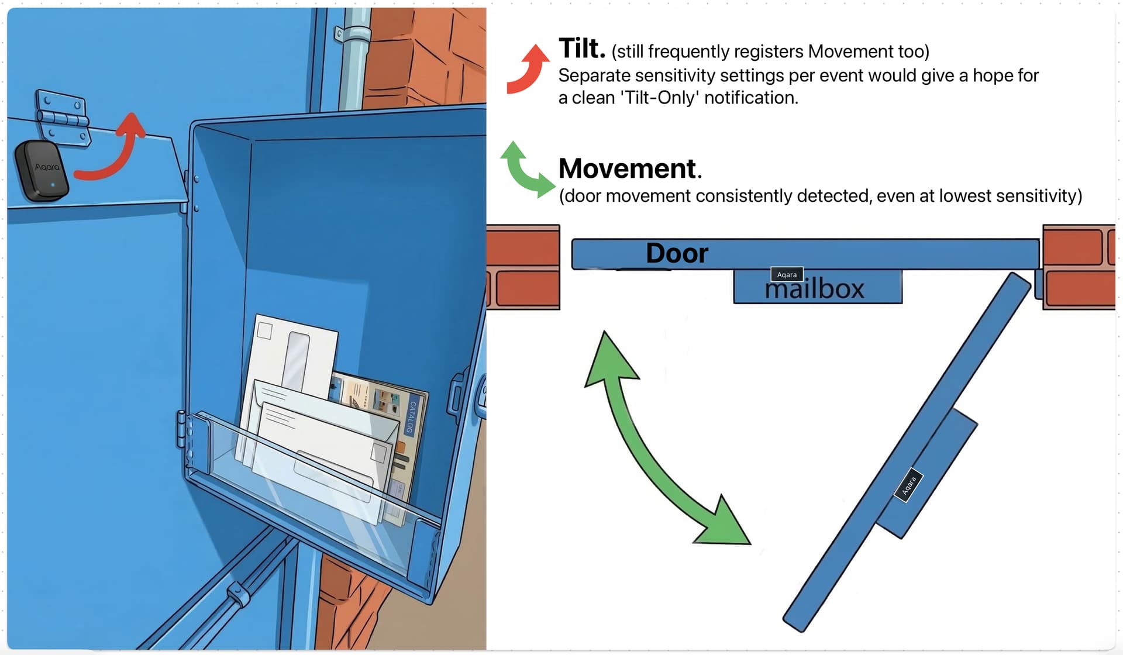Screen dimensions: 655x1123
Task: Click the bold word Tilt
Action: coord(581,49)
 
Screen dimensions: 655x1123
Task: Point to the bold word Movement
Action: coord(628,169)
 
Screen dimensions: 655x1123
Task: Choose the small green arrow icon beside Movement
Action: coord(526,170)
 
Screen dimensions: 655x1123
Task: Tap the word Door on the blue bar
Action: coord(677,253)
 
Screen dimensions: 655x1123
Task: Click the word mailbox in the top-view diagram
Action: coord(814,289)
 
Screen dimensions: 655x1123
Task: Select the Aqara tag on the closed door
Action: coord(787,274)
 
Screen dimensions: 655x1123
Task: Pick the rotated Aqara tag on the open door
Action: coord(908,485)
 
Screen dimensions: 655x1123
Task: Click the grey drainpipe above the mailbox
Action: coord(352,64)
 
